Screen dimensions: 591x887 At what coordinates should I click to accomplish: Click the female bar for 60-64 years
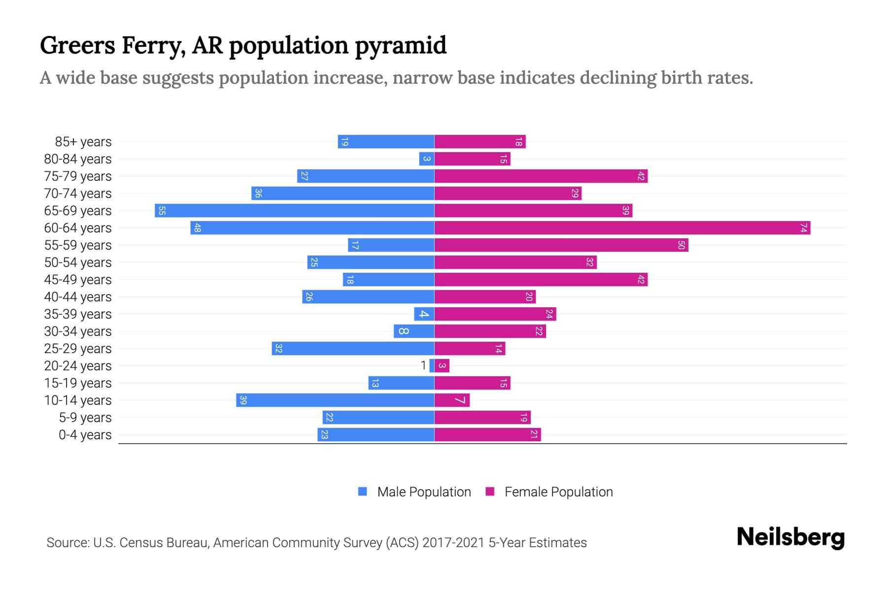coord(622,228)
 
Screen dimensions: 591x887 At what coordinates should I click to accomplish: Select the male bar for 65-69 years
coord(294,211)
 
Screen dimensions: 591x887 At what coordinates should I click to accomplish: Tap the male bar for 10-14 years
coord(335,400)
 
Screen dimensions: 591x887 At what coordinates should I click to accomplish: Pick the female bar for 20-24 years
coord(442,366)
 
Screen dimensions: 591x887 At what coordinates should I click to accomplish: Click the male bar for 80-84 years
coord(427,159)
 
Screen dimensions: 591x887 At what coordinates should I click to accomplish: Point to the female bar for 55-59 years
coord(561,245)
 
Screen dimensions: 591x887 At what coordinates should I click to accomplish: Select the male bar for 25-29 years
coord(353,349)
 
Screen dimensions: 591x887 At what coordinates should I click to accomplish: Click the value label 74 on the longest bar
coord(804,228)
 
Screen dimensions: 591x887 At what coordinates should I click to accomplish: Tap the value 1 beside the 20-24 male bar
coord(423,366)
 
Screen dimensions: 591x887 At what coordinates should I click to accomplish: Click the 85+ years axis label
coord(83,142)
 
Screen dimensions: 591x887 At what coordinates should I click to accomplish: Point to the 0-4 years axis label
coord(85,435)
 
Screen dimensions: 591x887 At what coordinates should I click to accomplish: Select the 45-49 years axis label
coord(78,280)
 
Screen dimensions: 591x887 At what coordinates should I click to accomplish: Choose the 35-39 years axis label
coord(78,314)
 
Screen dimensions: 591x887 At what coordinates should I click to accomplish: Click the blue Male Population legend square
coord(363,492)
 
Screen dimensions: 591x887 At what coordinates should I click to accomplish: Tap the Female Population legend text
coord(558,492)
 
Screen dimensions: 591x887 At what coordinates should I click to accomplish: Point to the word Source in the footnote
coord(67,543)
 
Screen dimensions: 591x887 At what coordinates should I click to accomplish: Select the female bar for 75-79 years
coord(541,176)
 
